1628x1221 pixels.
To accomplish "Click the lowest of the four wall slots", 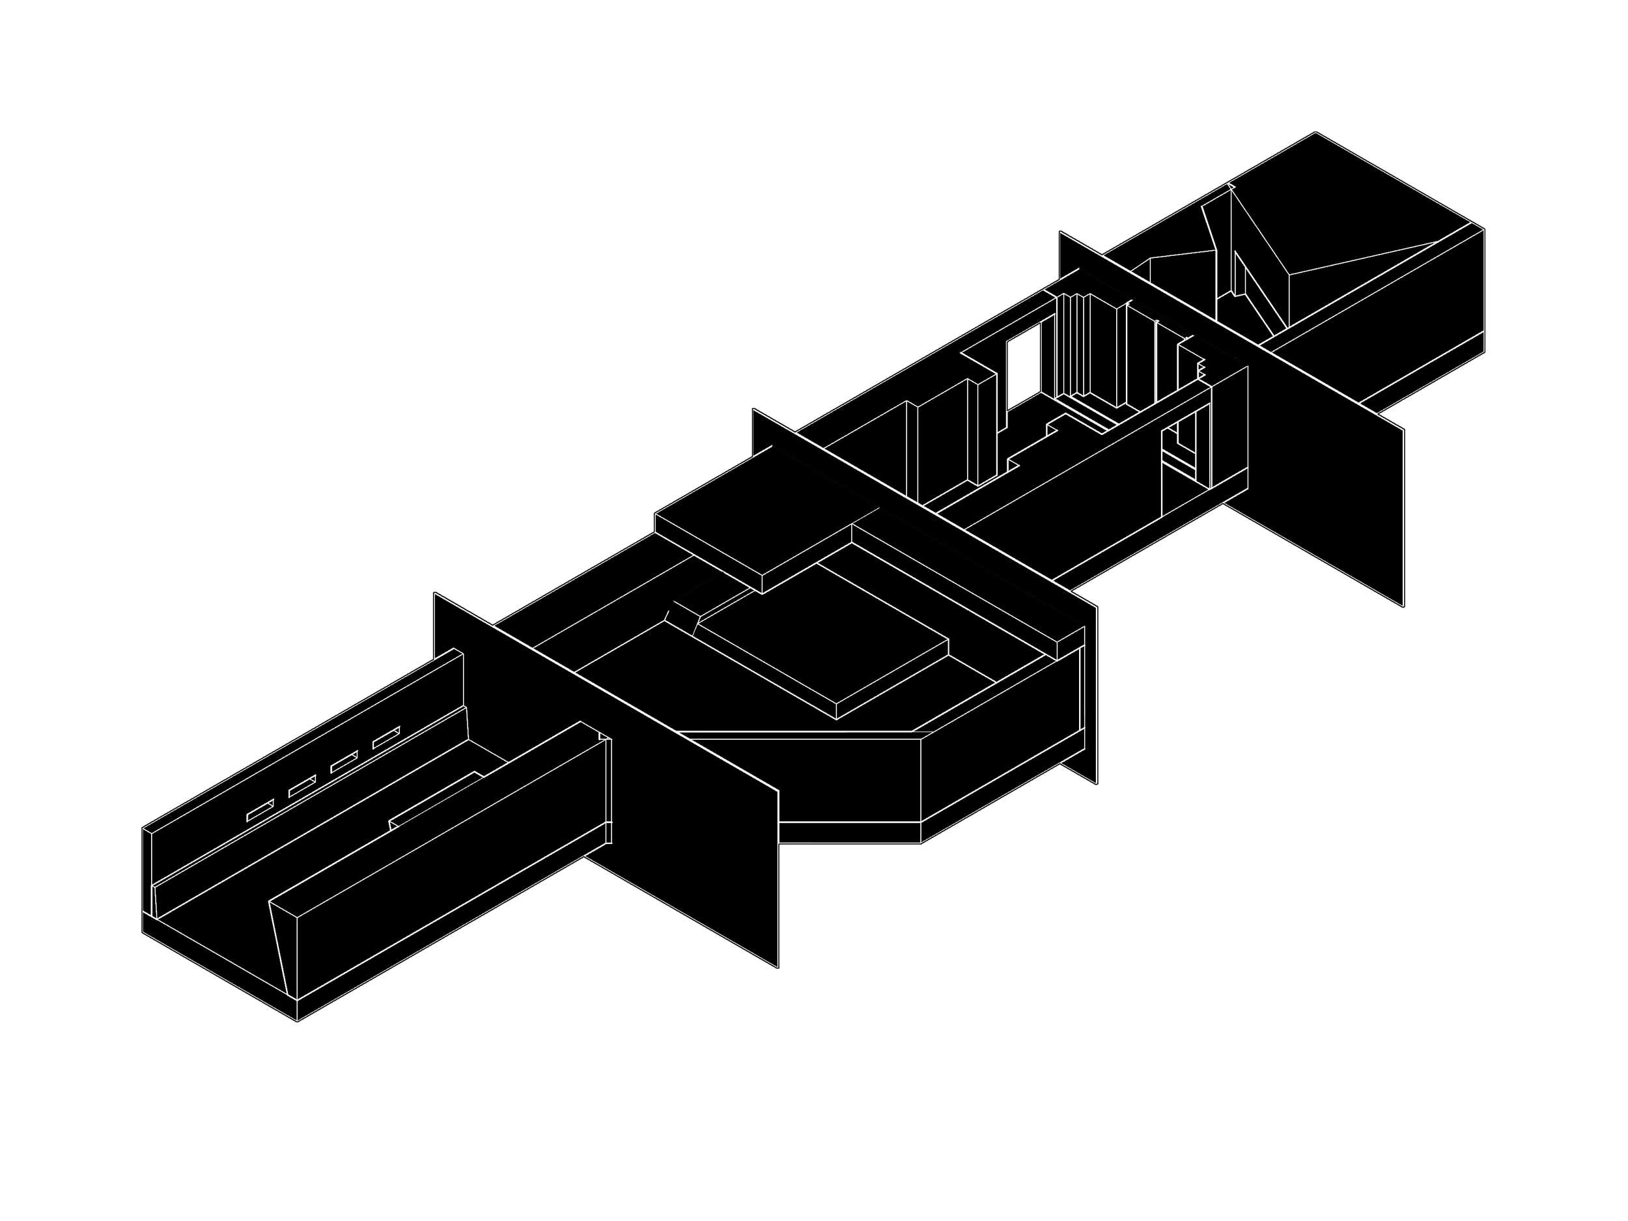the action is tap(260, 811).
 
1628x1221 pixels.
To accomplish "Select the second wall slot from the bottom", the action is tap(302, 787).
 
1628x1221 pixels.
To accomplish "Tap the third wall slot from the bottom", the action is tap(344, 763).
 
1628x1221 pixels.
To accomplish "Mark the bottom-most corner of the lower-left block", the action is tap(296, 1021).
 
